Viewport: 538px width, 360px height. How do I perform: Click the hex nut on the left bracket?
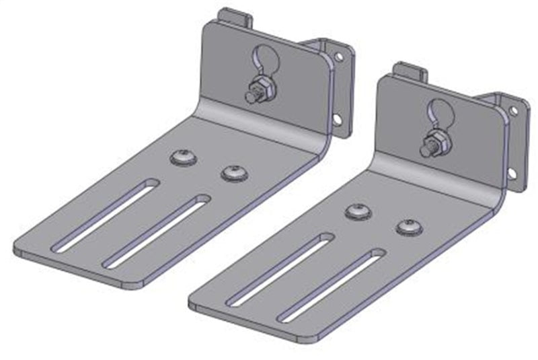259,91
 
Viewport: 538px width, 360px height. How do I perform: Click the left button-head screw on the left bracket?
182,158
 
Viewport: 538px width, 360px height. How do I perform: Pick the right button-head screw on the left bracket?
233,174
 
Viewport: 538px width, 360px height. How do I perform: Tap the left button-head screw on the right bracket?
358,212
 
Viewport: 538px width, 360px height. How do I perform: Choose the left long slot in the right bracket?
280,269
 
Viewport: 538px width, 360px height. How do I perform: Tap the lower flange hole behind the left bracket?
336,120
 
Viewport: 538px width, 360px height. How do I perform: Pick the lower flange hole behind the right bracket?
511,173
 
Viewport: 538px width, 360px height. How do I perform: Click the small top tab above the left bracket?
236,16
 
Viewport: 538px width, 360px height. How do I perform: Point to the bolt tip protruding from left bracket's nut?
251,98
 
